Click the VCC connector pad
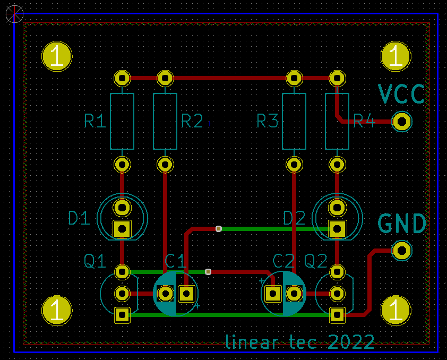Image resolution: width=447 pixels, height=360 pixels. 402,122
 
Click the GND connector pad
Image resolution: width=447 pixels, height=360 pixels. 402,250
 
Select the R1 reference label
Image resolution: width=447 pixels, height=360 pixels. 95,122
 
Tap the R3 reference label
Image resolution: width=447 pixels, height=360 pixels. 268,122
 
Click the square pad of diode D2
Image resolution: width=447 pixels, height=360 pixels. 336,229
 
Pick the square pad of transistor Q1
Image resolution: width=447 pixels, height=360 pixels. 122,315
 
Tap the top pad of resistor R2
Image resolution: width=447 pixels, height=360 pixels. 165,79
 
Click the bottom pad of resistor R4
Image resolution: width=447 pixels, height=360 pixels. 336,165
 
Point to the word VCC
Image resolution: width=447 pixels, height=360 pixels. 402,94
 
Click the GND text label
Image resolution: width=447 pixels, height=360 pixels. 402,224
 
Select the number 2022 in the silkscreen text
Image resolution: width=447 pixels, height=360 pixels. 351,342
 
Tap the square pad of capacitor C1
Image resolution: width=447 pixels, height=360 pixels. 186,293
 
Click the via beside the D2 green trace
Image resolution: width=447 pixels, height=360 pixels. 218,229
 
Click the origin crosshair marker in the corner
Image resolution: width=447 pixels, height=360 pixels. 14,14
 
